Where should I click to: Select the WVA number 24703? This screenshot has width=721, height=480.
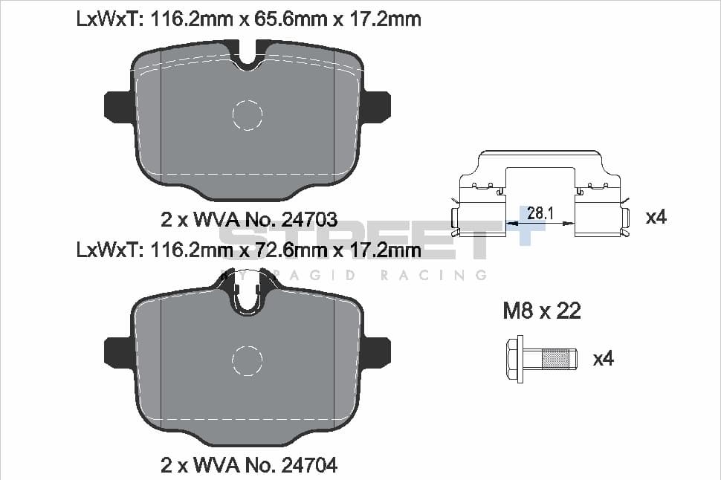309,220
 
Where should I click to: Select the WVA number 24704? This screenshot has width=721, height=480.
309,466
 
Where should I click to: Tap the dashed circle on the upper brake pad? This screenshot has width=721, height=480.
247,114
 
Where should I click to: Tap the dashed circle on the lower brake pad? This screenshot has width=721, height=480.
247,360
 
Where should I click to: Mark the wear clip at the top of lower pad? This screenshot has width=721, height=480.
247,294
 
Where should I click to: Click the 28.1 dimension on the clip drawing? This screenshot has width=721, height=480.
540,213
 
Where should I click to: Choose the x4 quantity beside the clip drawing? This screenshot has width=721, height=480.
656,217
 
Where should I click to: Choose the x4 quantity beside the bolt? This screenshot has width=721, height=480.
604,359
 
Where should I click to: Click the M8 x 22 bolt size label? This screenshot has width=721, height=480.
542,311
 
